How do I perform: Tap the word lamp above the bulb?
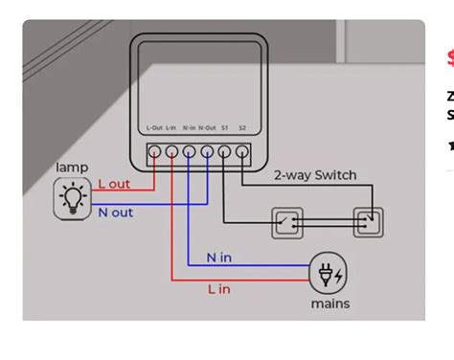(72, 169)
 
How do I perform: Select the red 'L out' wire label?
(116, 184)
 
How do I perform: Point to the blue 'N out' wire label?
(116, 213)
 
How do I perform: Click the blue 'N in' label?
(219, 258)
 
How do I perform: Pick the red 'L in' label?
(220, 288)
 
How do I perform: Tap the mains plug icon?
(329, 274)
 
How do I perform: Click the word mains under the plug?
(329, 304)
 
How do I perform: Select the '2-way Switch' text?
(315, 175)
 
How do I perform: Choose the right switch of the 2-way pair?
(368, 222)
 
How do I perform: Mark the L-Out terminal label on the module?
(154, 128)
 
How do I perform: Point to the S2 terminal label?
(242, 128)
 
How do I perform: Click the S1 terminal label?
(225, 128)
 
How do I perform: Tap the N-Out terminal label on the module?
(207, 128)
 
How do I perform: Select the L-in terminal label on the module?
(171, 128)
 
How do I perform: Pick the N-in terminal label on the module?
(189, 128)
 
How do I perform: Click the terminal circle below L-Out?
(154, 151)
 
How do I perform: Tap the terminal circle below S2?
(242, 151)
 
